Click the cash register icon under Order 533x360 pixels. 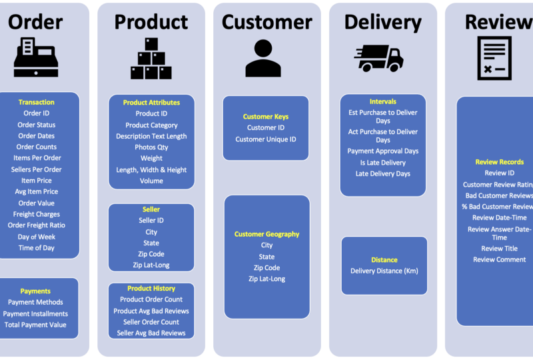[x=36, y=57]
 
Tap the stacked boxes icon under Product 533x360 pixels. [x=151, y=58]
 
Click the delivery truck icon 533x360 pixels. [x=378, y=58]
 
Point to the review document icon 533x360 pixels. [x=494, y=58]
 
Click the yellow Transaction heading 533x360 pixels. [x=37, y=102]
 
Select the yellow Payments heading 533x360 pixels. [x=35, y=291]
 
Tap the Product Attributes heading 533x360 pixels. [x=151, y=103]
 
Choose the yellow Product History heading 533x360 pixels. [x=151, y=289]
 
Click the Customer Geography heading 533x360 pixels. [x=266, y=234]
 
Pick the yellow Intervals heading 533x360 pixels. [x=382, y=101]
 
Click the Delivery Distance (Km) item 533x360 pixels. [x=384, y=271]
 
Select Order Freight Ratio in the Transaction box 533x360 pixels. [x=37, y=225]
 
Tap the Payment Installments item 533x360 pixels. [x=35, y=313]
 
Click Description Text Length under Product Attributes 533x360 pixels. [x=151, y=136]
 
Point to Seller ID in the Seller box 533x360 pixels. [x=151, y=220]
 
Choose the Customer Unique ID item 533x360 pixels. [x=266, y=139]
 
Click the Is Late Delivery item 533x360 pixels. [x=382, y=163]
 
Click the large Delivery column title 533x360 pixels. [x=382, y=22]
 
